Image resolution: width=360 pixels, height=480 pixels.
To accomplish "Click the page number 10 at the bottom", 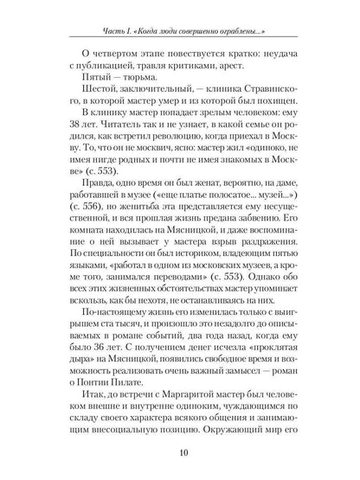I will point(181,452).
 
